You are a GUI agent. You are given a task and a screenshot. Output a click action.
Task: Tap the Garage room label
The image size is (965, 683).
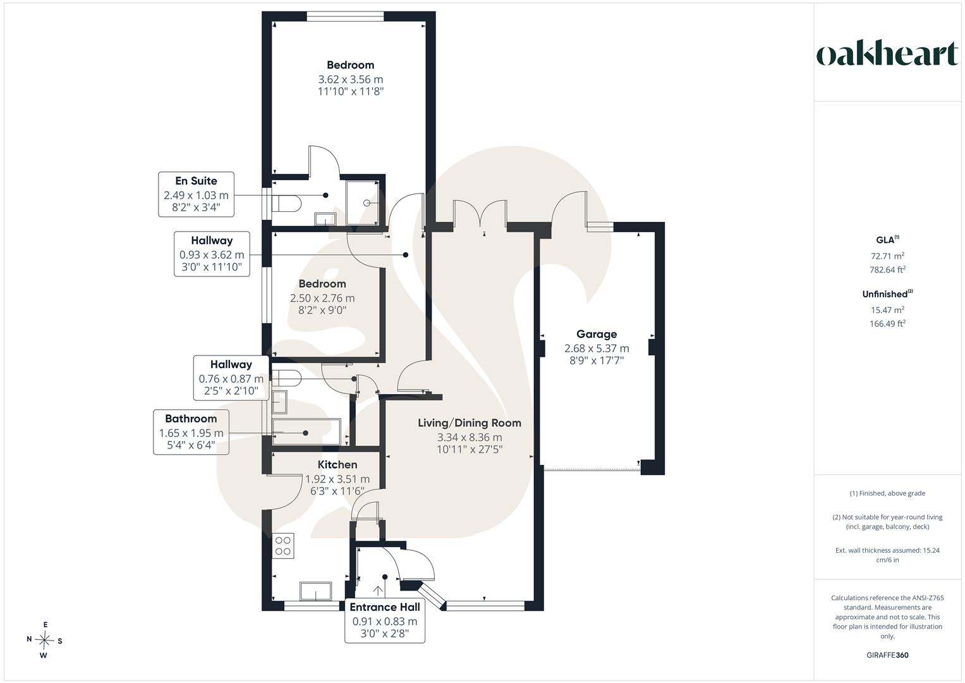pos(596,334)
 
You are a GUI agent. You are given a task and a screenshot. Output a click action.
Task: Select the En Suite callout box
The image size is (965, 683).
pos(196,194)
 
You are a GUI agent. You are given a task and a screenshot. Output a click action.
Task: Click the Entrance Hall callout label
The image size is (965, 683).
pos(385,607)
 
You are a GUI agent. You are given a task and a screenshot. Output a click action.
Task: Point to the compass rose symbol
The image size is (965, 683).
pos(44,640)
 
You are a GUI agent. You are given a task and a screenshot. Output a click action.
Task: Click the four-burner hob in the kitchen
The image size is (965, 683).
pos(283,546)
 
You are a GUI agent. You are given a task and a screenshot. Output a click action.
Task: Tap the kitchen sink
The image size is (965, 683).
pos(316,591)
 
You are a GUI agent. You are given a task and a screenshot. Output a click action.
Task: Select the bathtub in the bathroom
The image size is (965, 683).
pos(306,431)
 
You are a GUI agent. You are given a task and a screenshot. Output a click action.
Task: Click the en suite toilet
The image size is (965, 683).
pos(286,203)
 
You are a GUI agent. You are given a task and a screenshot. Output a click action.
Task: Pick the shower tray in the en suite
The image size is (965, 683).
pos(363,202)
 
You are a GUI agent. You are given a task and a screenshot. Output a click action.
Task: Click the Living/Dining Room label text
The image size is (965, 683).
pos(470,423)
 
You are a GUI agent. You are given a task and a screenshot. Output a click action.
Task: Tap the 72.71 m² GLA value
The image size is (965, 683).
pos(887,255)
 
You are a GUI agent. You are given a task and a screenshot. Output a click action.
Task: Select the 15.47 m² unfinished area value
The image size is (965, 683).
pos(887,310)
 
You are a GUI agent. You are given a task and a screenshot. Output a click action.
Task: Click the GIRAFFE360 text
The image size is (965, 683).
pos(887,655)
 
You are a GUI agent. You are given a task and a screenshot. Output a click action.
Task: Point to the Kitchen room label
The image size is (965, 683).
pos(337,465)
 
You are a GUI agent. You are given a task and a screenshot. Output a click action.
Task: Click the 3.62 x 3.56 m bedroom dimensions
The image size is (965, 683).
pos(351,79)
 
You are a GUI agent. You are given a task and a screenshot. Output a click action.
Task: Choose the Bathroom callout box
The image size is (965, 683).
pos(191,432)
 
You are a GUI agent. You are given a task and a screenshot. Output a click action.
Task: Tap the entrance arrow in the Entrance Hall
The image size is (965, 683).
pos(379,591)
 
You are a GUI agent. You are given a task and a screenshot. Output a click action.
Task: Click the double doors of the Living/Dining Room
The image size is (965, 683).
pos(480,213)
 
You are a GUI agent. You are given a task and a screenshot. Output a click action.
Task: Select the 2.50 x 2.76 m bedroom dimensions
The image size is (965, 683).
pos(322,298)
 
